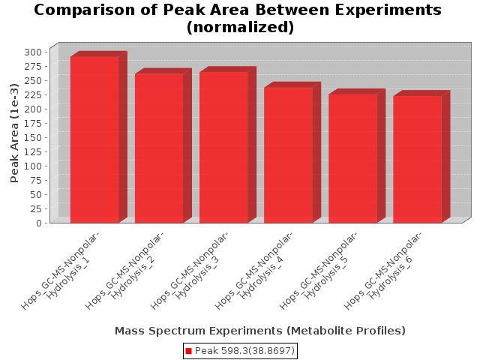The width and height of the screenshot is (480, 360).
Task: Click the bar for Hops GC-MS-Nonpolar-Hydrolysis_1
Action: click(94, 139)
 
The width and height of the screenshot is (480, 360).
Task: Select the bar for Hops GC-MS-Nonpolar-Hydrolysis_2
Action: click(159, 148)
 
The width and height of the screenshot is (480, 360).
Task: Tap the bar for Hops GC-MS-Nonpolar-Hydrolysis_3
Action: click(223, 147)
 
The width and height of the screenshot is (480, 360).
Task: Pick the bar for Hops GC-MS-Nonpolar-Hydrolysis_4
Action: click(288, 155)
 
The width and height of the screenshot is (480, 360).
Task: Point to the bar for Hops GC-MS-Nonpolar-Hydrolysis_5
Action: click(353, 158)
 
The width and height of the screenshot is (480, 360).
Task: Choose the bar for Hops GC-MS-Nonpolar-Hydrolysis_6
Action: click(418, 160)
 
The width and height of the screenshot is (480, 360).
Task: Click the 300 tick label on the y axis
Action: click(33, 52)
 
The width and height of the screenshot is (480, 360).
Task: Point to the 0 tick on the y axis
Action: click(39, 223)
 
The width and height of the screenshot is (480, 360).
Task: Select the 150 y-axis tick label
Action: click(33, 137)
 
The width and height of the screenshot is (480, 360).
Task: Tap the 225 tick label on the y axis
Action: click(33, 94)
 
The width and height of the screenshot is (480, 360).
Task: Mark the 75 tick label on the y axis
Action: click(36, 180)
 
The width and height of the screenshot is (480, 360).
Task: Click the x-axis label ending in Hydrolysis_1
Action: click(60, 271)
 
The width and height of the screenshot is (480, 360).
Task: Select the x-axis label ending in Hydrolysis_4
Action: click(253, 271)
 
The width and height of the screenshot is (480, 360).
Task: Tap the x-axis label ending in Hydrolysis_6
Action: click(383, 271)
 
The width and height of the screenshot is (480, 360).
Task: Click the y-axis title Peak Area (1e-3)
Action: click(14, 133)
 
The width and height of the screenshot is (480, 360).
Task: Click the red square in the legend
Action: click(188, 351)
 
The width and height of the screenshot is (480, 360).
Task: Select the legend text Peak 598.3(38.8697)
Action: click(244, 351)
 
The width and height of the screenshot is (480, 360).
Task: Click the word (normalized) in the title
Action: click(240, 27)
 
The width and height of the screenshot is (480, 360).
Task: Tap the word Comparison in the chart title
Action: click(85, 10)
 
